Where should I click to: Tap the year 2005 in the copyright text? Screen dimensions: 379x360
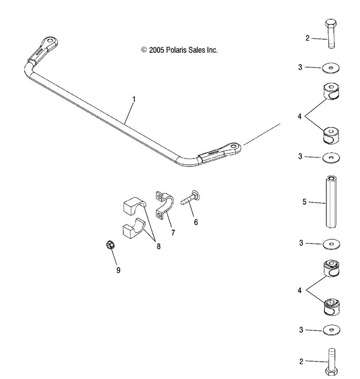coord(156,50)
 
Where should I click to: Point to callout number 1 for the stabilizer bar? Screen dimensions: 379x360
coord(134,99)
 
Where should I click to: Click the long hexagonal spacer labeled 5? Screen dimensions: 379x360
coord(331,202)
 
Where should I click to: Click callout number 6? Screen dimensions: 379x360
coord(196,222)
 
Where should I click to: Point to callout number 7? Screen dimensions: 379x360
coord(173,232)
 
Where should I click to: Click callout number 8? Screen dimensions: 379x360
coord(158,246)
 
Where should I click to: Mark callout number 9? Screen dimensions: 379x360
coord(118,270)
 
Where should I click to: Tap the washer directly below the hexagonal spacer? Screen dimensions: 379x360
coord(331,243)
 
